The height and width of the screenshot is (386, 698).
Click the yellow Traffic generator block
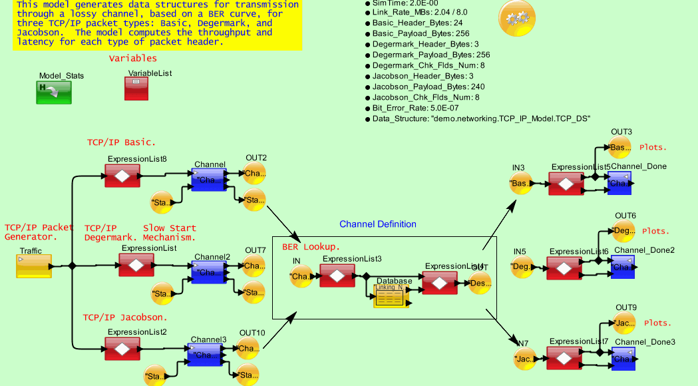[34, 266]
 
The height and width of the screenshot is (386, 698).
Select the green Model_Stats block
[54, 92]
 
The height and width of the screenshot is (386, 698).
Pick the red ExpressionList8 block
[122, 176]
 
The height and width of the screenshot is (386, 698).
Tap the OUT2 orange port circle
[254, 174]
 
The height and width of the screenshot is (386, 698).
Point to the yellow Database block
[391, 296]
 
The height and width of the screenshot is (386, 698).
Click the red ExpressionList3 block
[337, 275]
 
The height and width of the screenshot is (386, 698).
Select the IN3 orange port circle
[521, 183]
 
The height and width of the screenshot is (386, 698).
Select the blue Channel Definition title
[378, 224]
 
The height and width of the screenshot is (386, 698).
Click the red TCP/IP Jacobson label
[124, 317]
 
